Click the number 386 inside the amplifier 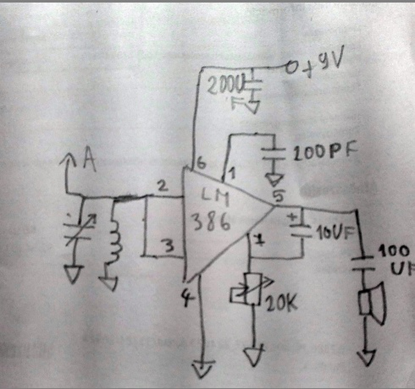[211, 222]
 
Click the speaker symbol [373, 303]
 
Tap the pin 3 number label [168, 246]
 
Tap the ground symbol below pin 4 [202, 370]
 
